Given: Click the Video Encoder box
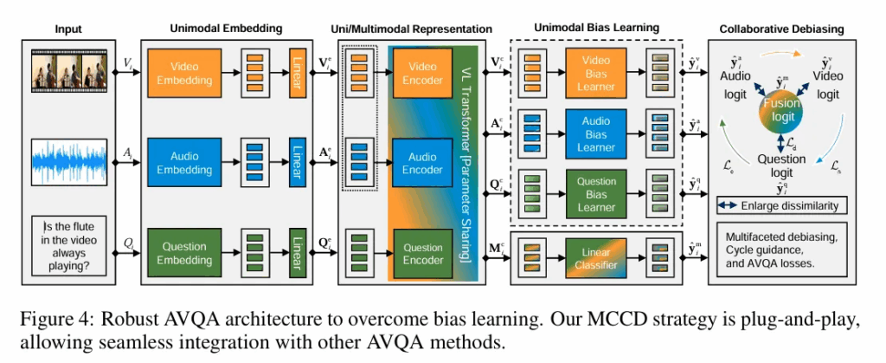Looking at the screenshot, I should [422, 74].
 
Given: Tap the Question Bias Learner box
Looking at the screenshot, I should [595, 193].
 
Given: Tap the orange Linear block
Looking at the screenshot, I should [298, 74].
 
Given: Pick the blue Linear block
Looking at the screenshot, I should [298, 160].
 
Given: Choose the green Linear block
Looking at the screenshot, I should [298, 249].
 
